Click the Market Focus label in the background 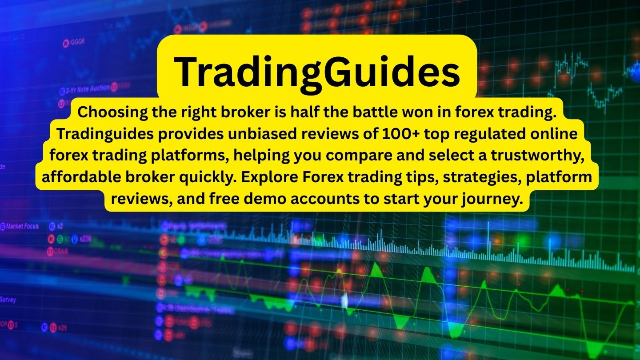(x=22, y=226)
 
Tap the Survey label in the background (x=8, y=300)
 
